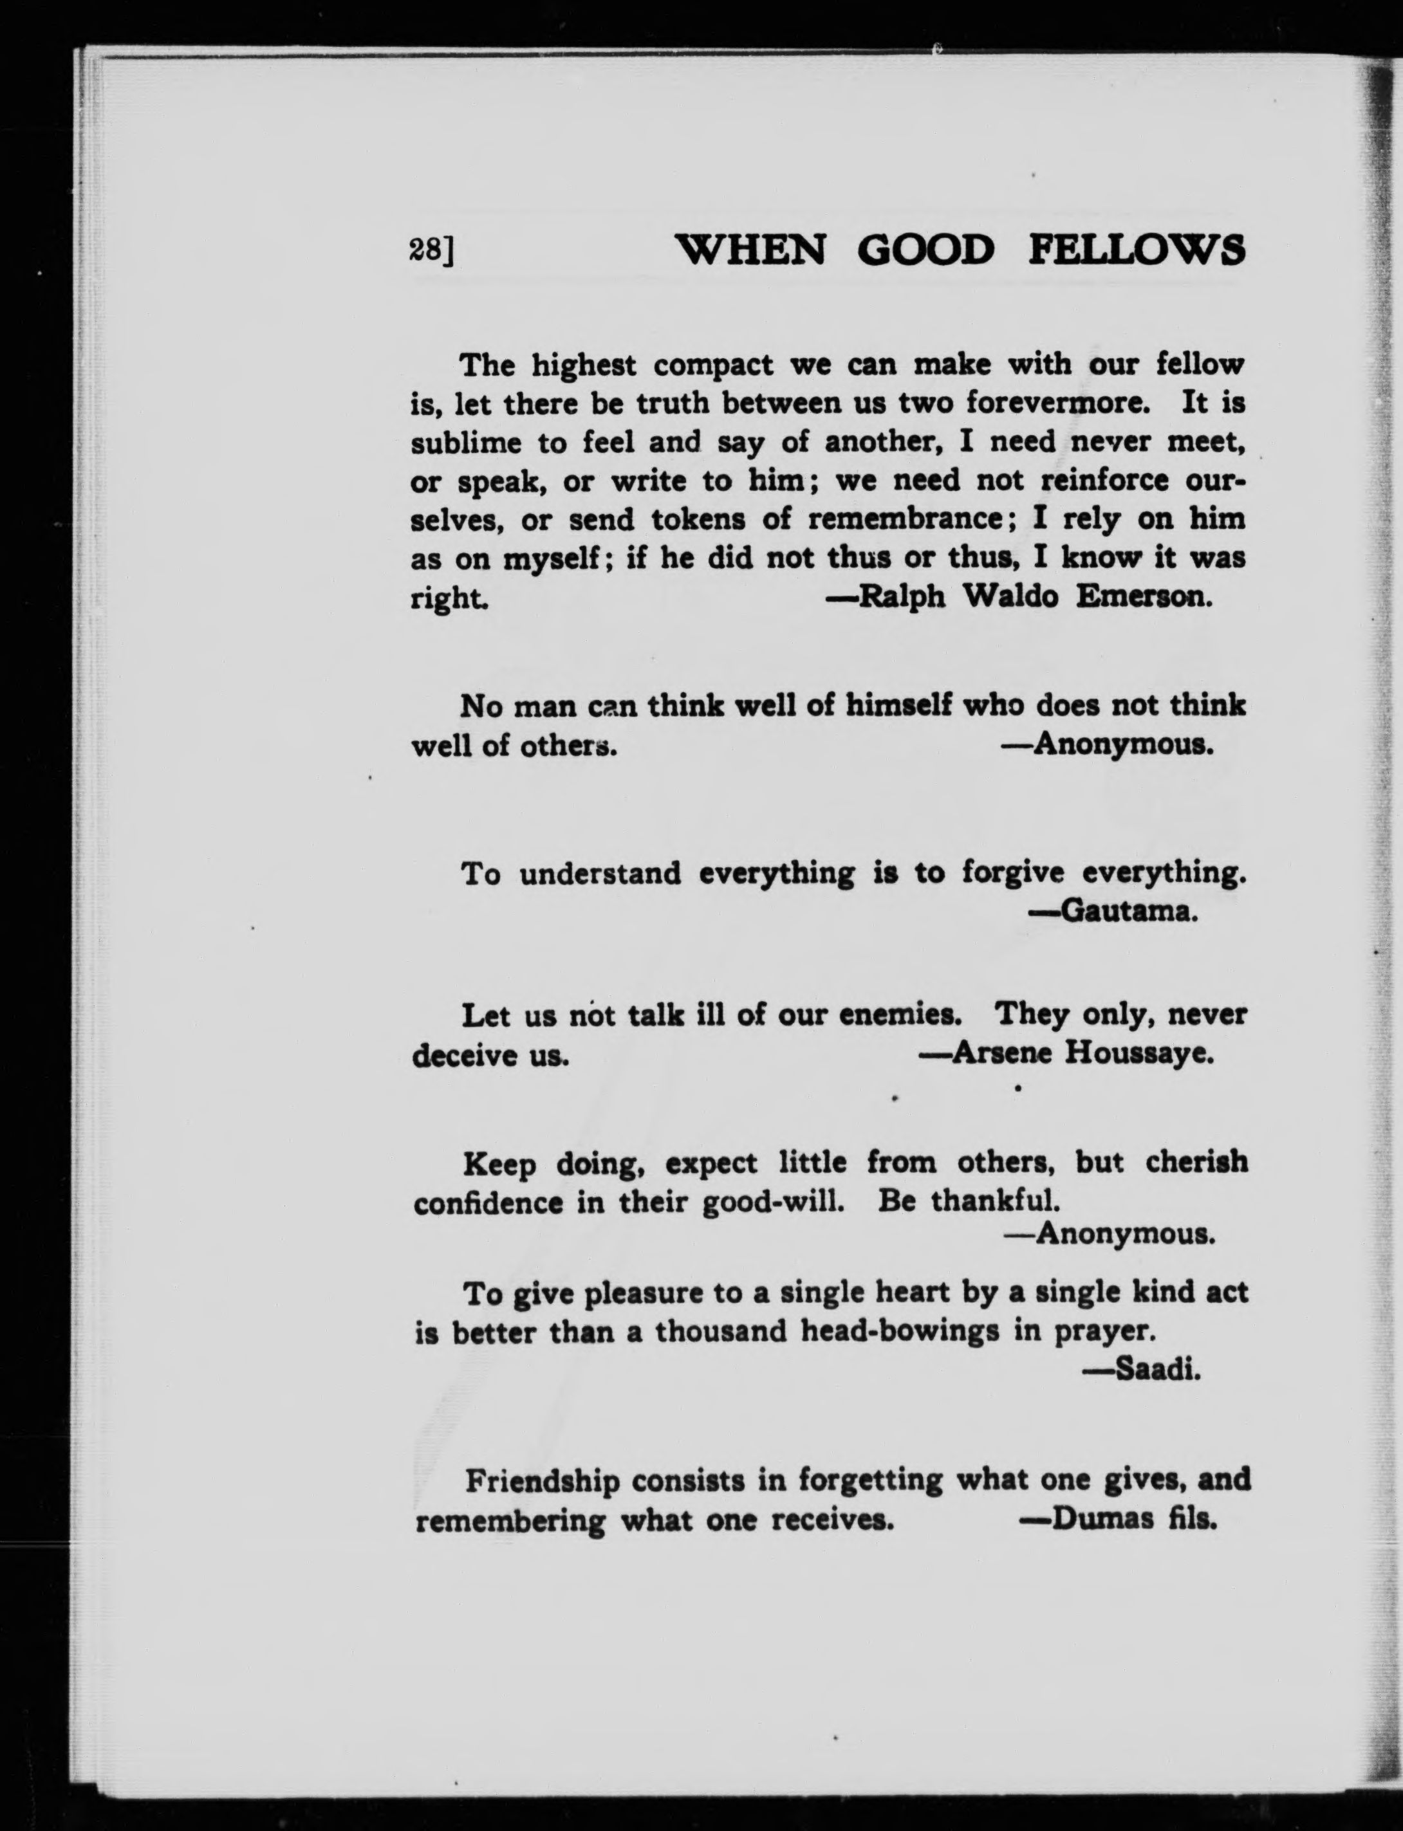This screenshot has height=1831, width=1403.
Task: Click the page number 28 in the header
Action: (x=426, y=250)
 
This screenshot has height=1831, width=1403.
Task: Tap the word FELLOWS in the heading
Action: (x=1137, y=250)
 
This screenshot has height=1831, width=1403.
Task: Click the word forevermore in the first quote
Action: (x=1058, y=403)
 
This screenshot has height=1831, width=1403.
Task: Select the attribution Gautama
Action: (x=1120, y=912)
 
